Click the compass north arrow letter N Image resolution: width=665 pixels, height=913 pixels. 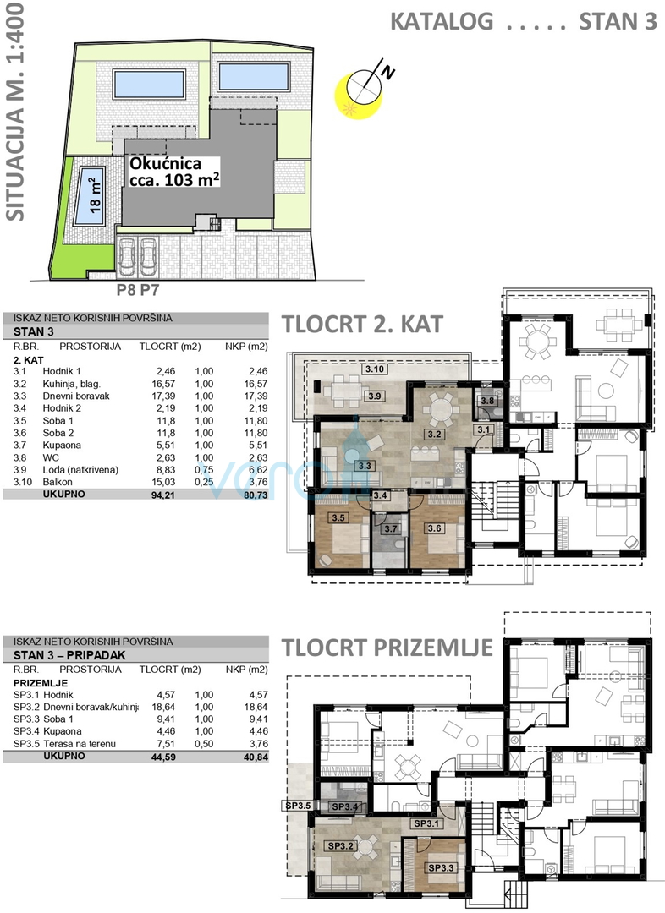pos(388,72)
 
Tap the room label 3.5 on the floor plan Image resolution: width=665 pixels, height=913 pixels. pos(338,517)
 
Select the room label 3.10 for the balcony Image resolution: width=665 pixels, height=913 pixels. pos(374,369)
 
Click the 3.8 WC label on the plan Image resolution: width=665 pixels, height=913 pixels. pos(486,401)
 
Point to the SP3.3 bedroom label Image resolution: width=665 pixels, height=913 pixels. pos(441,867)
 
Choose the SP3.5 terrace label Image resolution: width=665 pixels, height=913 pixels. pos(298,806)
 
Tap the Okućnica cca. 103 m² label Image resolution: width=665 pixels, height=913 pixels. pos(174,172)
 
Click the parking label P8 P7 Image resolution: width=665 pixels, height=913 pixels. pos(138,289)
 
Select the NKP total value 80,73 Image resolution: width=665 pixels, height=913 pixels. pos(256,495)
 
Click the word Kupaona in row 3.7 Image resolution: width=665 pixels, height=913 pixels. pos(62,446)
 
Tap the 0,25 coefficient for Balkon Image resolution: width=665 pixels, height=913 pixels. pos(204,482)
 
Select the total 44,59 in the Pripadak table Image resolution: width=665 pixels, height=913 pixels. pos(163,757)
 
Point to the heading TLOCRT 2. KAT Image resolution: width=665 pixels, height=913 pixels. pos(362,325)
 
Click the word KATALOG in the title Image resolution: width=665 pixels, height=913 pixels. pos(442,21)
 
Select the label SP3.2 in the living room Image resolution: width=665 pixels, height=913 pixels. pos(340,846)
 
